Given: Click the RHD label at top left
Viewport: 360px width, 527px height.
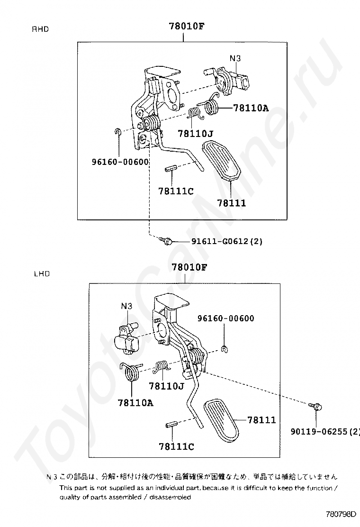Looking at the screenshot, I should (x=40, y=29).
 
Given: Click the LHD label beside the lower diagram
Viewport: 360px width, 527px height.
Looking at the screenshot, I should (x=42, y=273).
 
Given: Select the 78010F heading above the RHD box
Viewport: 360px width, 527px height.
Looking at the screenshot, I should (x=186, y=26).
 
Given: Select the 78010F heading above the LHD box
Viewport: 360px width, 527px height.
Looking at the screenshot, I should (x=189, y=267).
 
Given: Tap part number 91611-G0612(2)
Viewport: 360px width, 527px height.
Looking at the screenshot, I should (x=227, y=241).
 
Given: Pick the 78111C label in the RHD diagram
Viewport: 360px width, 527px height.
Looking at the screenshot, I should (x=176, y=191).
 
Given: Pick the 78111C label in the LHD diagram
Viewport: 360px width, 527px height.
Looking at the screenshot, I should (x=176, y=446).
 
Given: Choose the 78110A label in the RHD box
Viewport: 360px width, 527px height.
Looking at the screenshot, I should (x=251, y=109).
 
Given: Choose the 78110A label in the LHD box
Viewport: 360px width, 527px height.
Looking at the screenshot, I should (x=135, y=403).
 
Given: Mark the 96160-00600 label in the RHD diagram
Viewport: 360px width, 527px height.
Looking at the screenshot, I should (x=120, y=162).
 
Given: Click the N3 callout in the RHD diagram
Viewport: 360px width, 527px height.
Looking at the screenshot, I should (x=235, y=58).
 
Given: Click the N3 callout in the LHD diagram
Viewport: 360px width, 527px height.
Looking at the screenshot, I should (x=126, y=306).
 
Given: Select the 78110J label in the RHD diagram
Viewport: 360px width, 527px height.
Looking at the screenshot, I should (x=196, y=134).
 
